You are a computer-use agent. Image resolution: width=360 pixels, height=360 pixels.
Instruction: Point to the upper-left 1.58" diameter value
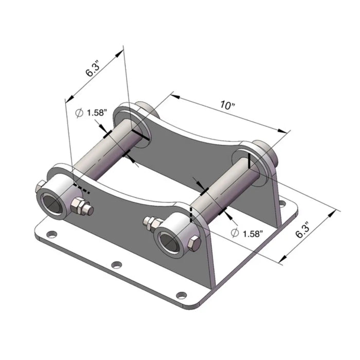pyautogui.click(x=97, y=113)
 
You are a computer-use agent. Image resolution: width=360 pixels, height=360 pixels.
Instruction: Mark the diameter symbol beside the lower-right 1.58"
pyautogui.click(x=235, y=233)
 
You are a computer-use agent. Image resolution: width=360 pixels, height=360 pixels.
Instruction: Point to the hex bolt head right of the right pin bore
pyautogui.click(x=194, y=245)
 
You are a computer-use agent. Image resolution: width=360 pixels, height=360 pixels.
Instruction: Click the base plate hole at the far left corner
pyautogui.click(x=50, y=235)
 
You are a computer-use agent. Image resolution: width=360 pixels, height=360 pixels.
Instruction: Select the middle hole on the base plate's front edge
pyautogui.click(x=117, y=265)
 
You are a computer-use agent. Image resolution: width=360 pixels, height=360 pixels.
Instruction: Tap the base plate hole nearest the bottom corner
pyautogui.click(x=181, y=295)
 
